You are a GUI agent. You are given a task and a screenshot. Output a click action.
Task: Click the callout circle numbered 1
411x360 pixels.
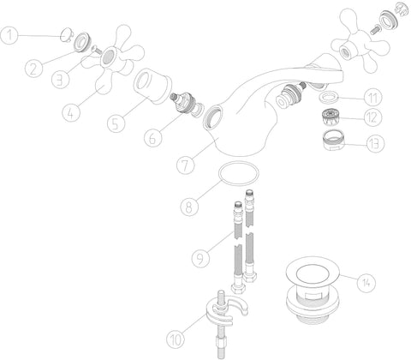pyautogui.click(x=9, y=35)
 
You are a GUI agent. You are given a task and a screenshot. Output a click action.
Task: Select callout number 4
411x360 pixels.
pyautogui.click(x=71, y=113)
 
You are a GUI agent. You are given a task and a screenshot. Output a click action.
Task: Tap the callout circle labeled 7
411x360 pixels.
pyautogui.click(x=186, y=165)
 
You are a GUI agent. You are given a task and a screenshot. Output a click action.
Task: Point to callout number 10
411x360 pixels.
pyautogui.click(x=176, y=339)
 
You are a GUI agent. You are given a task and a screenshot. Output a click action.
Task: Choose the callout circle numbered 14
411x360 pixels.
pyautogui.click(x=366, y=283)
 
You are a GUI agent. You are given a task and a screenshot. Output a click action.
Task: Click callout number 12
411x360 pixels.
pyautogui.click(x=373, y=117)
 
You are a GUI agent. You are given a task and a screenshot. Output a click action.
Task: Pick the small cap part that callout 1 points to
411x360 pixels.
pyautogui.click(x=67, y=35)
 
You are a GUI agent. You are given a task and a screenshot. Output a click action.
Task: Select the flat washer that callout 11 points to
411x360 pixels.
pyautogui.click(x=329, y=96)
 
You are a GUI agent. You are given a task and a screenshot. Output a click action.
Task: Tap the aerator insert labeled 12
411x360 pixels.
pyautogui.click(x=331, y=117)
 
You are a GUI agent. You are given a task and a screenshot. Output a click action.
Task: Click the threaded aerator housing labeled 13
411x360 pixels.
pyautogui.click(x=334, y=140)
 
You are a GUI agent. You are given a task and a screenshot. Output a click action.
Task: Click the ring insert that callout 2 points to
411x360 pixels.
pyautogui.click(x=83, y=42)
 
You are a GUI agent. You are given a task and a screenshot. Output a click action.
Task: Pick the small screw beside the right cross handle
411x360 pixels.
pyautogui.click(x=376, y=29)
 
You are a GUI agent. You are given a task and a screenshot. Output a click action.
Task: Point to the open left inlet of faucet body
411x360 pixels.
pyautogui.click(x=213, y=117)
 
